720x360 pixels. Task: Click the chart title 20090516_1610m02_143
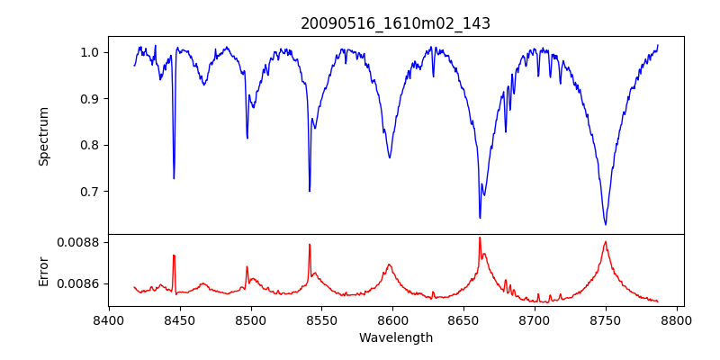(x=396, y=23)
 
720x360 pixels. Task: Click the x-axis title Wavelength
(x=396, y=338)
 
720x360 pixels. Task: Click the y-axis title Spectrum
(x=43, y=136)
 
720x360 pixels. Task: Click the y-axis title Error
(x=43, y=271)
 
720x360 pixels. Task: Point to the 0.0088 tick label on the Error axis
(x=77, y=242)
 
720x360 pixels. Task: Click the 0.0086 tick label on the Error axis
(x=77, y=283)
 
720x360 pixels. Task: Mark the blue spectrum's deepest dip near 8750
(x=606, y=224)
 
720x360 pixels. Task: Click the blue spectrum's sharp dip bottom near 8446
(x=174, y=178)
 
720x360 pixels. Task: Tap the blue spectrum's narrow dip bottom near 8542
(x=310, y=191)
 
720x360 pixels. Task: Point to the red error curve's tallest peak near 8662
(x=480, y=238)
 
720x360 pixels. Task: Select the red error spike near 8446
(x=174, y=256)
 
